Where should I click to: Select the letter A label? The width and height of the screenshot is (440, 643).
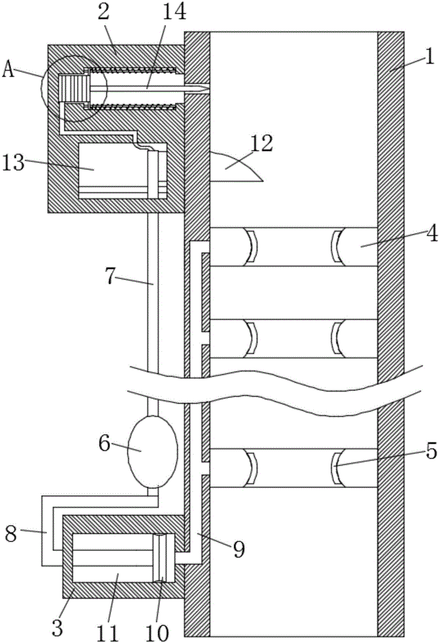[9, 69]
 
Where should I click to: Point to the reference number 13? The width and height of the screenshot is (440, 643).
[14, 163]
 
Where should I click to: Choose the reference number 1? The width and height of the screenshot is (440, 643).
[429, 57]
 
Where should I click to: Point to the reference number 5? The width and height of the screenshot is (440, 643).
[432, 451]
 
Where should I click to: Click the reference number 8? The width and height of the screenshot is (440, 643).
[11, 534]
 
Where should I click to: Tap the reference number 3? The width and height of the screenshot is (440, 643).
[57, 626]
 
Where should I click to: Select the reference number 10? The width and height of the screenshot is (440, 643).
[157, 631]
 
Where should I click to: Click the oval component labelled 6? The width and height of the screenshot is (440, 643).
[153, 451]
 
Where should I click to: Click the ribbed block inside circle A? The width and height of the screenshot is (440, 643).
[75, 87]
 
